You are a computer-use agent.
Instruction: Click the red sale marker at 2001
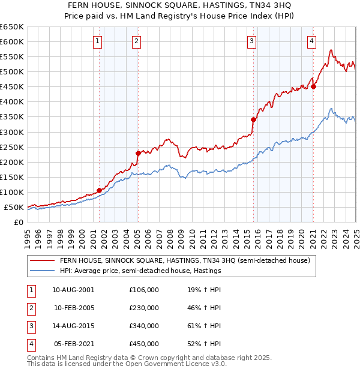pyautogui.click(x=99, y=190)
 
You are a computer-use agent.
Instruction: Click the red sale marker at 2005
pyautogui.click(x=138, y=153)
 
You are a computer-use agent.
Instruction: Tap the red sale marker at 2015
pyautogui.click(x=253, y=119)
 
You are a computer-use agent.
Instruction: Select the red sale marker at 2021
pyautogui.click(x=314, y=86)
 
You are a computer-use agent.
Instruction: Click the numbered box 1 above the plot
pyautogui.click(x=97, y=41)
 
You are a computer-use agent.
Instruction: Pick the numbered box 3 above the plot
pyautogui.click(x=251, y=41)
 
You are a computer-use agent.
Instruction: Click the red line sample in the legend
pyautogui.click(x=42, y=261)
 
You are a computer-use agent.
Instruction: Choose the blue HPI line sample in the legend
pyautogui.click(x=42, y=271)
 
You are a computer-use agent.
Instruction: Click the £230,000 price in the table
pyautogui.click(x=144, y=308)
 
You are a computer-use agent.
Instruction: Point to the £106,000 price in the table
pyautogui.click(x=144, y=290)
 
